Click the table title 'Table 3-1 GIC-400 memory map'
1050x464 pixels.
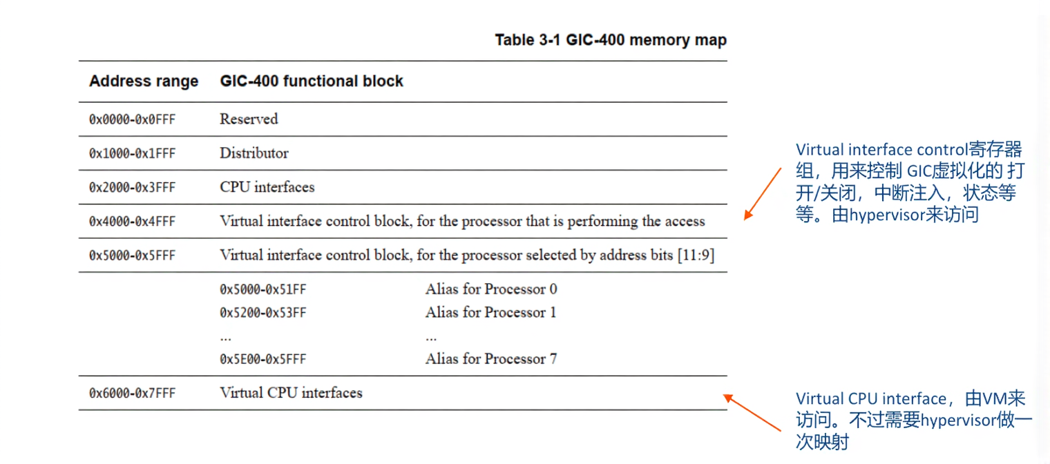tap(611, 40)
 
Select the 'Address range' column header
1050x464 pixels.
tap(144, 81)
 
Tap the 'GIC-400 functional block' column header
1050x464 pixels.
tap(312, 81)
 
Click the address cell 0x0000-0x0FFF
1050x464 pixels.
tap(132, 119)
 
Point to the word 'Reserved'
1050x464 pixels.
tap(249, 119)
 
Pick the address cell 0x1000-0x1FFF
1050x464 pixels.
tap(132, 153)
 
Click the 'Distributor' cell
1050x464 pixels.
tap(254, 153)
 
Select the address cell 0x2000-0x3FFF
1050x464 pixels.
tap(132, 187)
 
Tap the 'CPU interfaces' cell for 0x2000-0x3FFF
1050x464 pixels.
tap(267, 187)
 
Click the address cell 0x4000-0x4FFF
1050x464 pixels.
tap(132, 222)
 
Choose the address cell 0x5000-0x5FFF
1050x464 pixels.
tap(132, 255)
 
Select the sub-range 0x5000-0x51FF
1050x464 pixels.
tap(262, 289)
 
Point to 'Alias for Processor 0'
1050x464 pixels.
tap(491, 289)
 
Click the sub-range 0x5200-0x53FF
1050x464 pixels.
tap(262, 313)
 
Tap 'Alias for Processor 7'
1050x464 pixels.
tap(491, 359)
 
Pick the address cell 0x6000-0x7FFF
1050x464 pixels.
tap(132, 393)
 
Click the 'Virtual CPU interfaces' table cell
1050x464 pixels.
tap(291, 393)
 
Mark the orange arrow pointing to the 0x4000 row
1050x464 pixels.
tap(762, 193)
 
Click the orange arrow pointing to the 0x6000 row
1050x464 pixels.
tap(754, 413)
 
